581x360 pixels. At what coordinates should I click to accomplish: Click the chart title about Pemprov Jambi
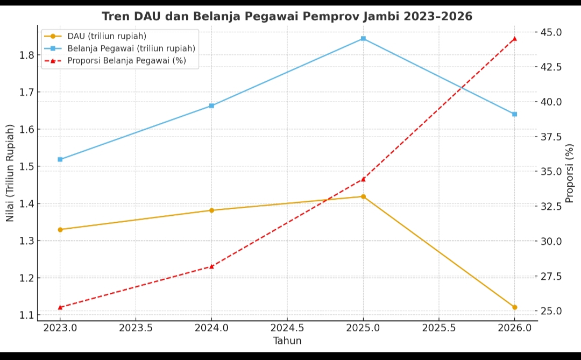(287, 16)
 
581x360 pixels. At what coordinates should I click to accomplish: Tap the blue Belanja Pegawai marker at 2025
(363, 39)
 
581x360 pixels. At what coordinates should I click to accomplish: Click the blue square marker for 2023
(60, 159)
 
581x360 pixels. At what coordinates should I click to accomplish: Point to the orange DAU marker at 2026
(514, 307)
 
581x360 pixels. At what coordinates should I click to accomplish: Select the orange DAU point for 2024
(211, 210)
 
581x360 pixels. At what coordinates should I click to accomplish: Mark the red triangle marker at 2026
(514, 39)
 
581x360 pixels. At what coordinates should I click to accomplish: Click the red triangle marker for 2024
(211, 266)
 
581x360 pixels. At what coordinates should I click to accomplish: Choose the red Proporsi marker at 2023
(60, 307)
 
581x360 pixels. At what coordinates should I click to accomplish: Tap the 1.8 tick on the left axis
(27, 55)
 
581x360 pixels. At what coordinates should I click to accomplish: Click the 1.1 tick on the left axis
(27, 315)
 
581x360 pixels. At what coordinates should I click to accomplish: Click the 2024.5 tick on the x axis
(287, 328)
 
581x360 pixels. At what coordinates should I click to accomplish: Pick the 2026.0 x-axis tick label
(514, 328)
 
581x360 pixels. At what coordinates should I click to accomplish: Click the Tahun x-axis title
(287, 341)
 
